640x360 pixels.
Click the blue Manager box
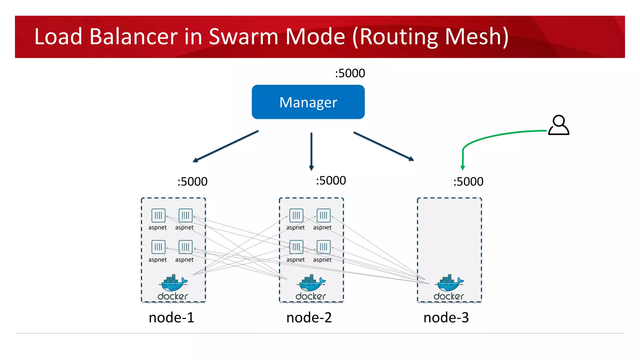308,102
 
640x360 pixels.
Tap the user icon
559,125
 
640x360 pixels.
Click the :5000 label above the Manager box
350,73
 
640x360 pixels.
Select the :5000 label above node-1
192,182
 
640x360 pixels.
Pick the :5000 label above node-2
331,181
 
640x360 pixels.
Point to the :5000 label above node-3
468,182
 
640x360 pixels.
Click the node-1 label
171,317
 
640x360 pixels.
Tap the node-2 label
309,317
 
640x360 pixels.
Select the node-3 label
446,317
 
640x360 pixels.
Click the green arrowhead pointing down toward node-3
463,168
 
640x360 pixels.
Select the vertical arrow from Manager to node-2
311,151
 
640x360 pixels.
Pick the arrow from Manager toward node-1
226,146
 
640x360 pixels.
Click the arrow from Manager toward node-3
384,146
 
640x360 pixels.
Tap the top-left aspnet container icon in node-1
158,215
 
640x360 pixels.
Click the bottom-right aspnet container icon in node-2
323,247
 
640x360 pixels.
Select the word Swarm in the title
243,37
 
